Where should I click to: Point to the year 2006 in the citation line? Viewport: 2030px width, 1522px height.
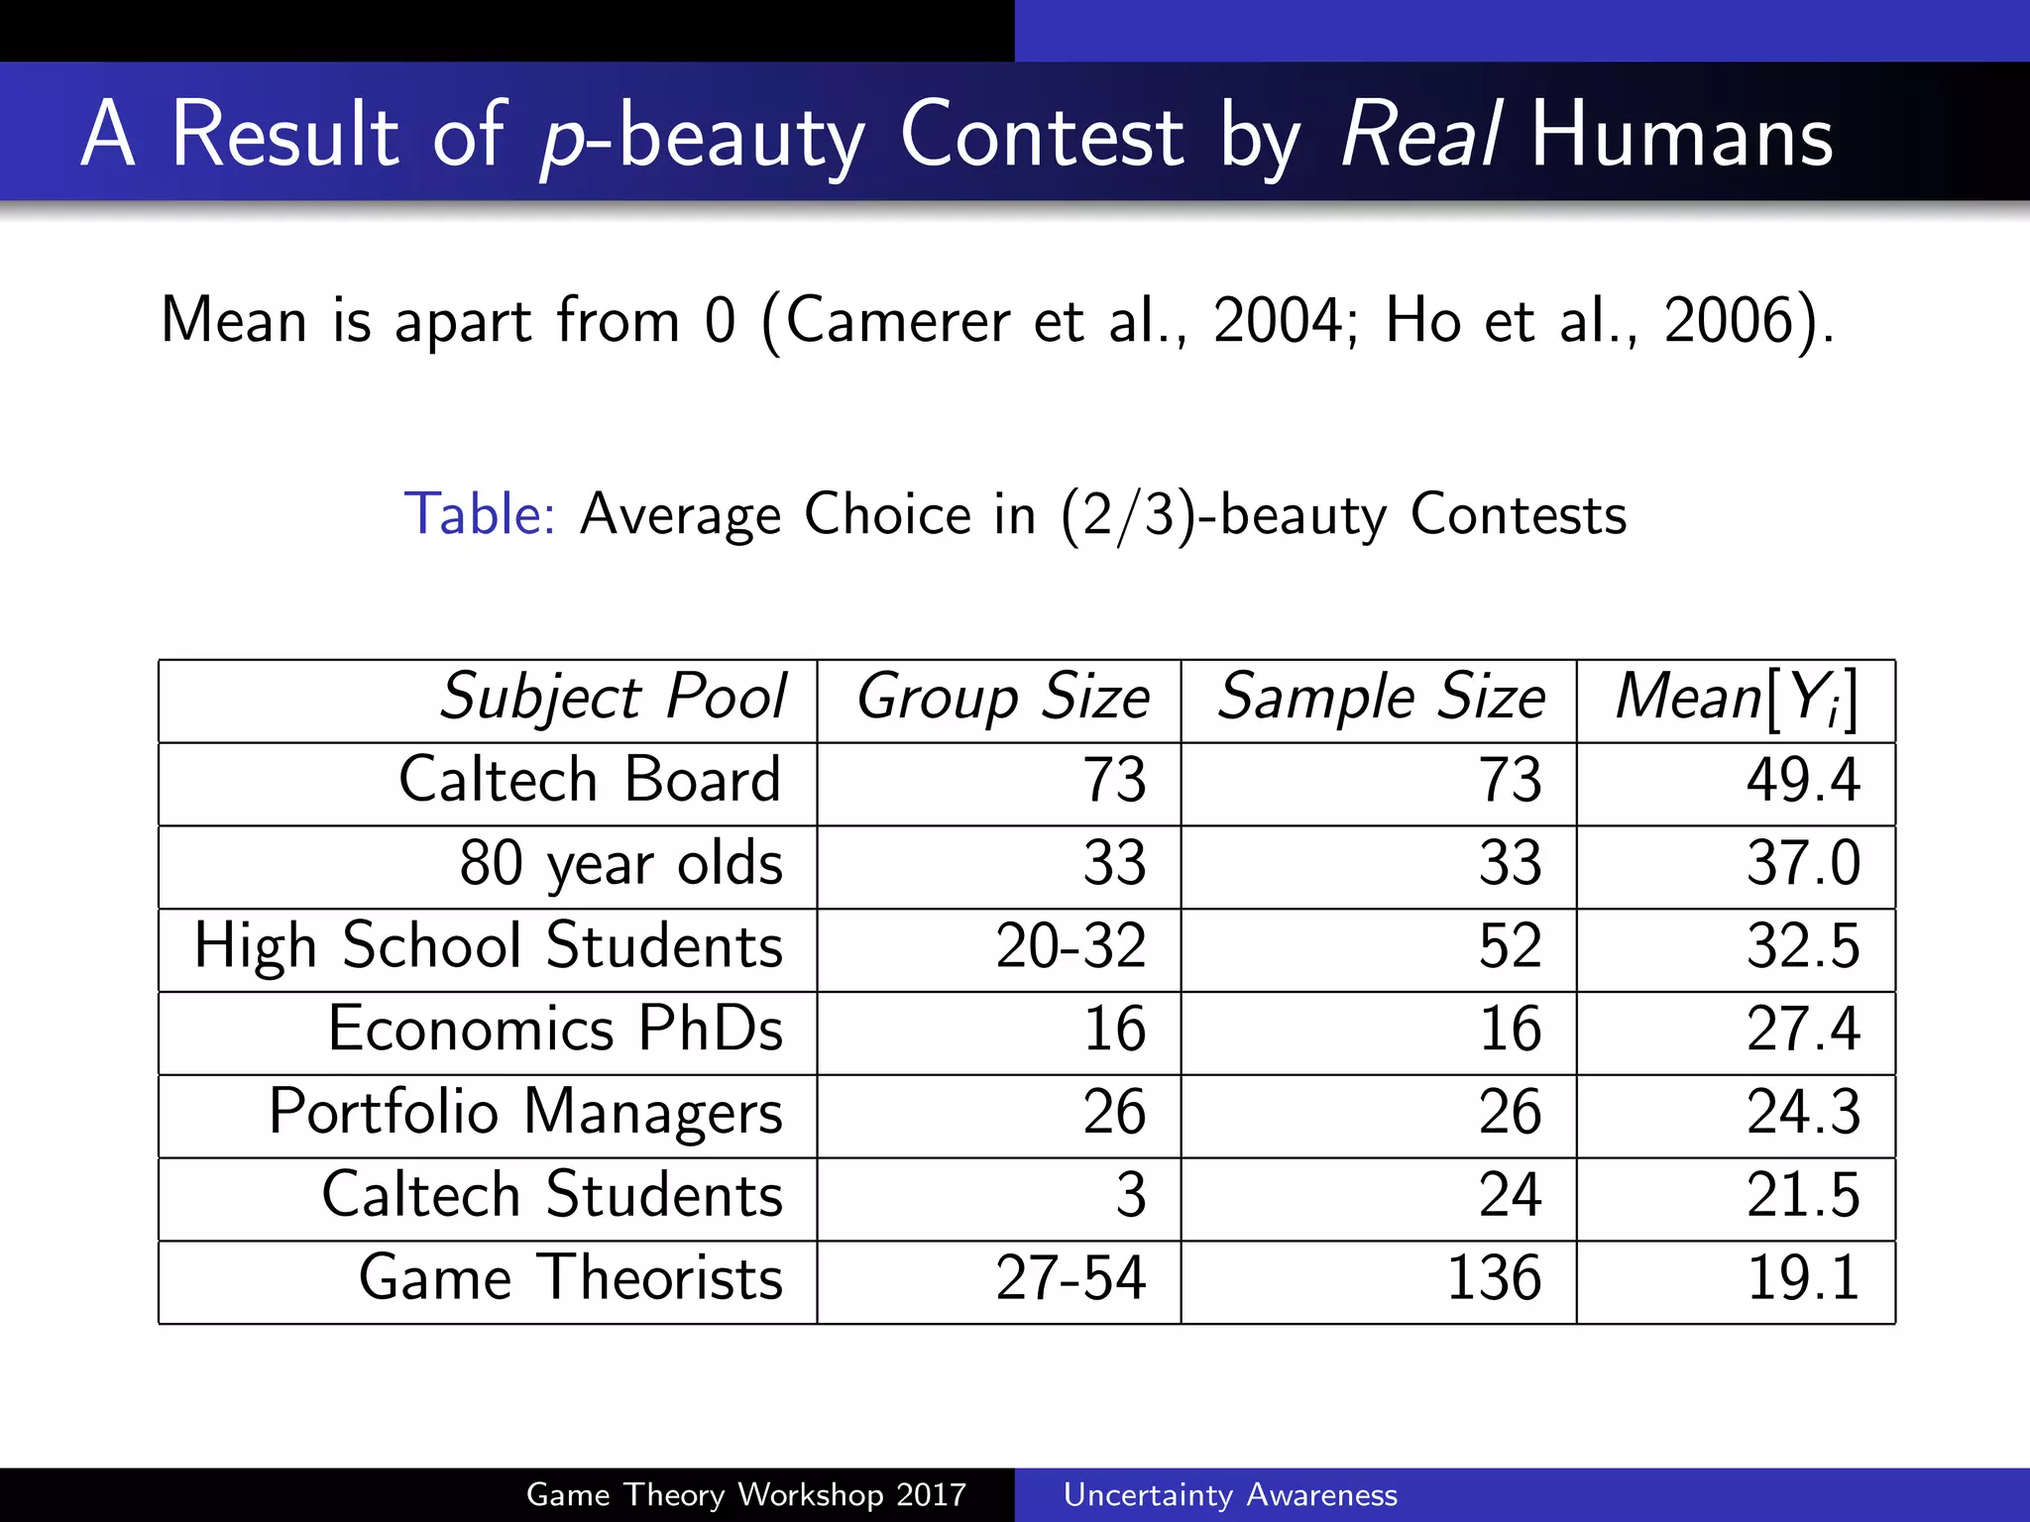click(1727, 320)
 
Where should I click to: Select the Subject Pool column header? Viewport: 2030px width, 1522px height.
click(614, 698)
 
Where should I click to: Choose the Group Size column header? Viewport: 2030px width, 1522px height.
click(1002, 698)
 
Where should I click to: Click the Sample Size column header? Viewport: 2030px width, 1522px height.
click(1381, 698)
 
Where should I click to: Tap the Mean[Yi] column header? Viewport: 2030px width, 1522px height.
click(1736, 698)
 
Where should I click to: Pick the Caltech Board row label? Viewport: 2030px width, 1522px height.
click(590, 780)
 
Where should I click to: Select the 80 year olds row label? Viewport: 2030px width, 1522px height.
click(620, 863)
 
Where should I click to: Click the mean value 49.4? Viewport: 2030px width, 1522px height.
click(1802, 780)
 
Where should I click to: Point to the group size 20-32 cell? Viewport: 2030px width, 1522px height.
click(1071, 945)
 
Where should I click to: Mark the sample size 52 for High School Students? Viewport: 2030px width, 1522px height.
click(1510, 945)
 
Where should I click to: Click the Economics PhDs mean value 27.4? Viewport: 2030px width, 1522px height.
click(1802, 1029)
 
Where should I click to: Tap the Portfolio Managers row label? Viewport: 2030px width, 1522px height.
click(525, 1112)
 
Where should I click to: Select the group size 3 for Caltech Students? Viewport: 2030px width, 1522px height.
click(1130, 1195)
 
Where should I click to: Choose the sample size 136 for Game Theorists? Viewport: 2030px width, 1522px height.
click(1494, 1278)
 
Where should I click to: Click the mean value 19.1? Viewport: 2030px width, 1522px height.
click(1802, 1278)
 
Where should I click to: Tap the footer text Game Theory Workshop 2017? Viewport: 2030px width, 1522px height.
click(745, 1494)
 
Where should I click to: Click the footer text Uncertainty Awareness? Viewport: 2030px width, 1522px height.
click(1230, 1494)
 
